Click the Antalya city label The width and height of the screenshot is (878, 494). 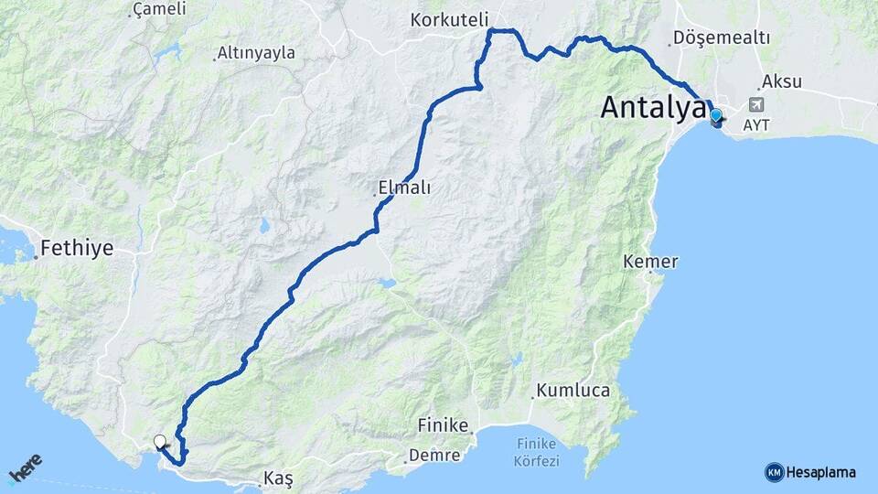pyautogui.click(x=653, y=108)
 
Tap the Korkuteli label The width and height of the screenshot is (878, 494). pyautogui.click(x=450, y=19)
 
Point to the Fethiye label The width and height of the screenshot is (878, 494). pyautogui.click(x=77, y=248)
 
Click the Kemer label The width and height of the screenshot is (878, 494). pyautogui.click(x=650, y=262)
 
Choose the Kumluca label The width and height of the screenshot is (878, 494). pyautogui.click(x=573, y=391)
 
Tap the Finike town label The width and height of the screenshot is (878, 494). pyautogui.click(x=443, y=426)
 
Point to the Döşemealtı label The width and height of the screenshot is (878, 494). pyautogui.click(x=721, y=38)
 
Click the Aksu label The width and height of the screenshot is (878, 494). pyautogui.click(x=781, y=81)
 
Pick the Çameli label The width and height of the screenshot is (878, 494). pyautogui.click(x=159, y=9)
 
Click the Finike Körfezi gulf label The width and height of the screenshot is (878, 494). pyautogui.click(x=536, y=453)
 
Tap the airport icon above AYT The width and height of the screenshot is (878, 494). pyautogui.click(x=755, y=105)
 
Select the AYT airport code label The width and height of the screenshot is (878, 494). pyautogui.click(x=756, y=125)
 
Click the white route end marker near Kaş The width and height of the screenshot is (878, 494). pyautogui.click(x=160, y=443)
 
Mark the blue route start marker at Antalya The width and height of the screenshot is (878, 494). pyautogui.click(x=715, y=117)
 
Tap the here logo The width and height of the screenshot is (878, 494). pyautogui.click(x=27, y=470)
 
